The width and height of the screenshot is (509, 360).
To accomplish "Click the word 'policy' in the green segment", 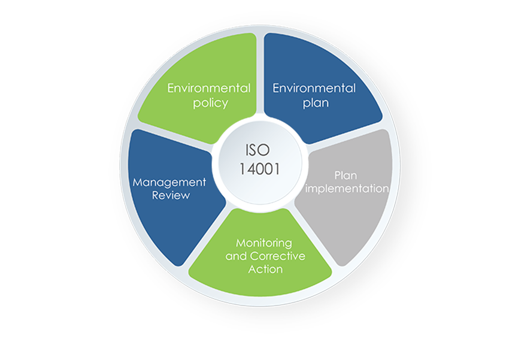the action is click(x=211, y=103).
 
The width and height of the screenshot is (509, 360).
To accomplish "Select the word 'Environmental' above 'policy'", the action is click(x=209, y=88).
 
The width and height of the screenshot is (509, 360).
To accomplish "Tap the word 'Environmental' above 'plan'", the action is click(x=314, y=88).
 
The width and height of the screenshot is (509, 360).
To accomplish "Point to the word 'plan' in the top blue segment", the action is click(x=316, y=103).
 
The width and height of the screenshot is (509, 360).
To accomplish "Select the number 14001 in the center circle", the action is click(x=259, y=169).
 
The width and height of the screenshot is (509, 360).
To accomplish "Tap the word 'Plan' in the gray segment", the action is click(x=346, y=176).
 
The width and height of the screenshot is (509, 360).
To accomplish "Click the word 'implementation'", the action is click(x=347, y=189).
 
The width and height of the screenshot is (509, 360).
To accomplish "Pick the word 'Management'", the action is click(x=169, y=183).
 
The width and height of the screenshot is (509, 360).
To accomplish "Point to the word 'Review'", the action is click(x=171, y=195).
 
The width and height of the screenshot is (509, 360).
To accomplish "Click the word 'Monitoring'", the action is click(x=264, y=243).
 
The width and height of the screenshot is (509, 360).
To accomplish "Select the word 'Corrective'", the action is click(x=277, y=256).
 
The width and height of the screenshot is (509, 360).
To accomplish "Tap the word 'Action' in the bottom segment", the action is click(x=265, y=269).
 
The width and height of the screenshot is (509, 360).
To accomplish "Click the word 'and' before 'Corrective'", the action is click(x=236, y=256).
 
